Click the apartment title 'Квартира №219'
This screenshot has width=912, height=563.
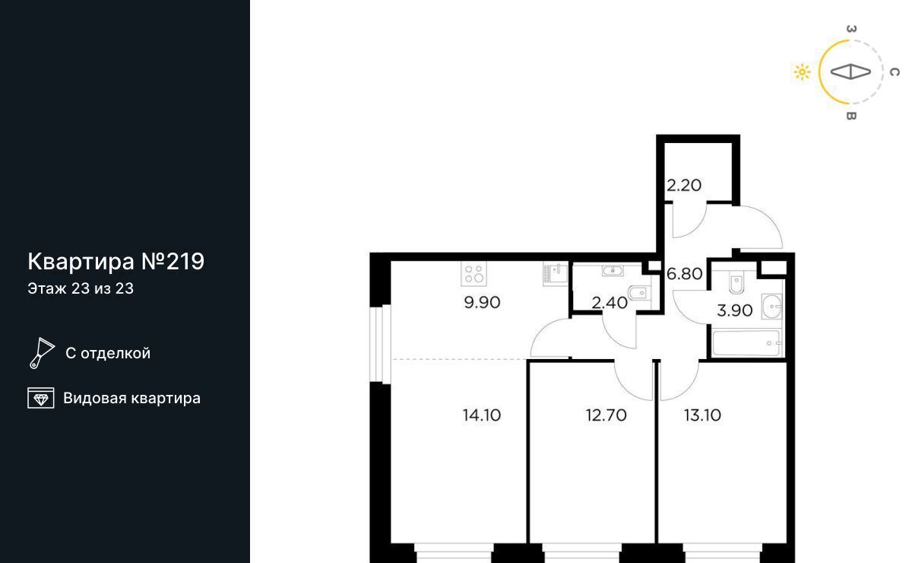pyautogui.click(x=116, y=261)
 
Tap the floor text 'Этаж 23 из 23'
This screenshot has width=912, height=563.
pyautogui.click(x=81, y=288)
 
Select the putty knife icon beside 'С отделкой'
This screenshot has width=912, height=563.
pyautogui.click(x=42, y=353)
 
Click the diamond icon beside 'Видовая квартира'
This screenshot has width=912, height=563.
pyautogui.click(x=41, y=398)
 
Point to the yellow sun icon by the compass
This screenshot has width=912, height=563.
pyautogui.click(x=802, y=72)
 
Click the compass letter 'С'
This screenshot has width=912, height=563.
pyautogui.click(x=895, y=72)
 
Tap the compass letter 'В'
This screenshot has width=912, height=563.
pyautogui.click(x=851, y=116)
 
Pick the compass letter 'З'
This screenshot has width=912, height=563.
pyautogui.click(x=851, y=29)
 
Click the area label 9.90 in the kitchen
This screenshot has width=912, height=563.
pyautogui.click(x=482, y=303)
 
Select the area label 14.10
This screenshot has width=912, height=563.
pyautogui.click(x=482, y=415)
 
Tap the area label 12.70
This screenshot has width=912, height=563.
pyautogui.click(x=606, y=415)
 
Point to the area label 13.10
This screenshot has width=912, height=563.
pyautogui.click(x=703, y=415)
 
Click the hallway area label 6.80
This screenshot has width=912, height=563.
pyautogui.click(x=685, y=274)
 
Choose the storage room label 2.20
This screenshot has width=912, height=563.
pyautogui.click(x=684, y=186)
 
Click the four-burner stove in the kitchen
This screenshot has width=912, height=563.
pyautogui.click(x=474, y=274)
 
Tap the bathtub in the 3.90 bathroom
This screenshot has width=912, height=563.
pyautogui.click(x=746, y=342)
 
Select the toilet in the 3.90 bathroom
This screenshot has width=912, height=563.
pyautogui.click(x=736, y=281)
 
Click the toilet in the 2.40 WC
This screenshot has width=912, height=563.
pyautogui.click(x=640, y=292)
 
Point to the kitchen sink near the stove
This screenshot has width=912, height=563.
pyautogui.click(x=556, y=275)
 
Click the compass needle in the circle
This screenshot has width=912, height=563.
pyautogui.click(x=850, y=72)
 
